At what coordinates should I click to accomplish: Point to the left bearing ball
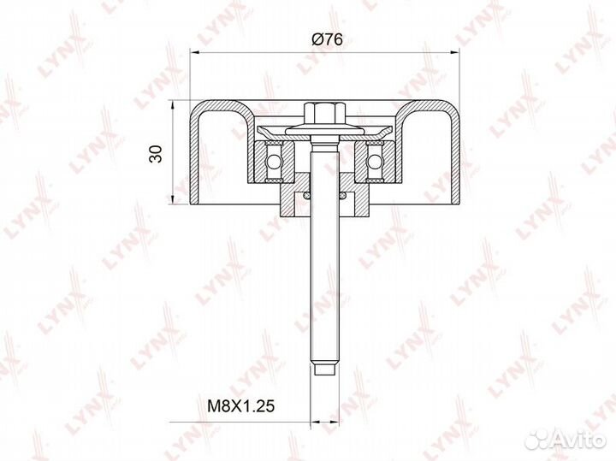pos(275,159)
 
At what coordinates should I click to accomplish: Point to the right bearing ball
pos(374,159)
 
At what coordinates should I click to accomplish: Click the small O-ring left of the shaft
pos(299,198)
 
